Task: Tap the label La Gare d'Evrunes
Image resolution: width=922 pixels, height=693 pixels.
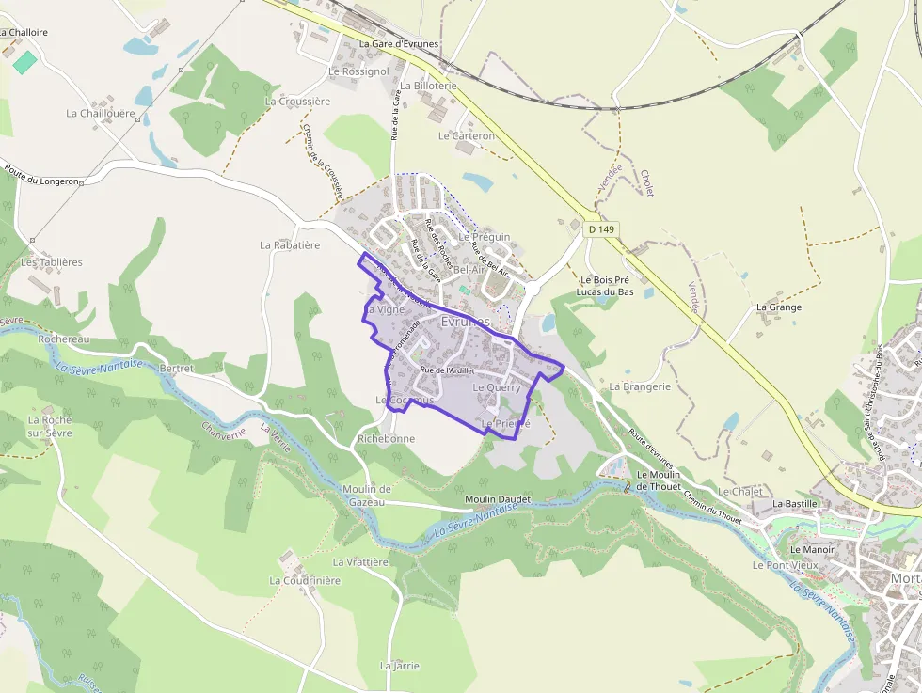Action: [x=400, y=44]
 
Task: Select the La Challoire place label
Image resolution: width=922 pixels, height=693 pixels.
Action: [x=24, y=32]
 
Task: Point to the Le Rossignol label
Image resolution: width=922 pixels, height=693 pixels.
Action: [x=358, y=71]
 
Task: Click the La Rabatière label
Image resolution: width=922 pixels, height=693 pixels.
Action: [x=290, y=245]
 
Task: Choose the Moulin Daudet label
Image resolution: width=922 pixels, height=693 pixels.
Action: [x=498, y=499]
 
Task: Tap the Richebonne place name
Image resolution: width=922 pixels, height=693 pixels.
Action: [x=387, y=439]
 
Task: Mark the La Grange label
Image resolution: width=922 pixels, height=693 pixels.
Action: [x=779, y=307]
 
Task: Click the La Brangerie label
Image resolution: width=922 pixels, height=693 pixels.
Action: [x=640, y=386]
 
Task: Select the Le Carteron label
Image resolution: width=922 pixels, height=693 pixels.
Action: [x=467, y=136]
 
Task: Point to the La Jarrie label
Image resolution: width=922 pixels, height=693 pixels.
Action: [x=400, y=666]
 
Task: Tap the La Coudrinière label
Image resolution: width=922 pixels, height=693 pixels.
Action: [x=305, y=581]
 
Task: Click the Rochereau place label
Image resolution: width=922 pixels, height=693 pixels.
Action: [x=64, y=339]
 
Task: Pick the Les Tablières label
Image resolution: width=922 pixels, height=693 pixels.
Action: [x=52, y=262]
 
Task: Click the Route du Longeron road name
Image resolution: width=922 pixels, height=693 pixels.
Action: [x=41, y=175]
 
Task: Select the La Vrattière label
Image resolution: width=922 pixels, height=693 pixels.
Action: [x=360, y=562]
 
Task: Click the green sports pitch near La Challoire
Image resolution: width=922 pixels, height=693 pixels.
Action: [x=25, y=62]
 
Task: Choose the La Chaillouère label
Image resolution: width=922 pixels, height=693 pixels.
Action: [x=101, y=114]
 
